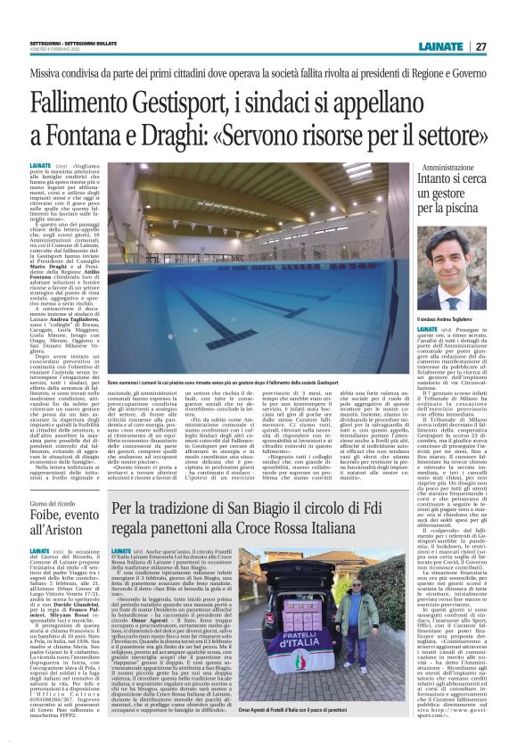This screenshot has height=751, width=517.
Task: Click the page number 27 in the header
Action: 481,46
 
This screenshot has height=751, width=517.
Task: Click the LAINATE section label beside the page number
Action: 438,46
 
